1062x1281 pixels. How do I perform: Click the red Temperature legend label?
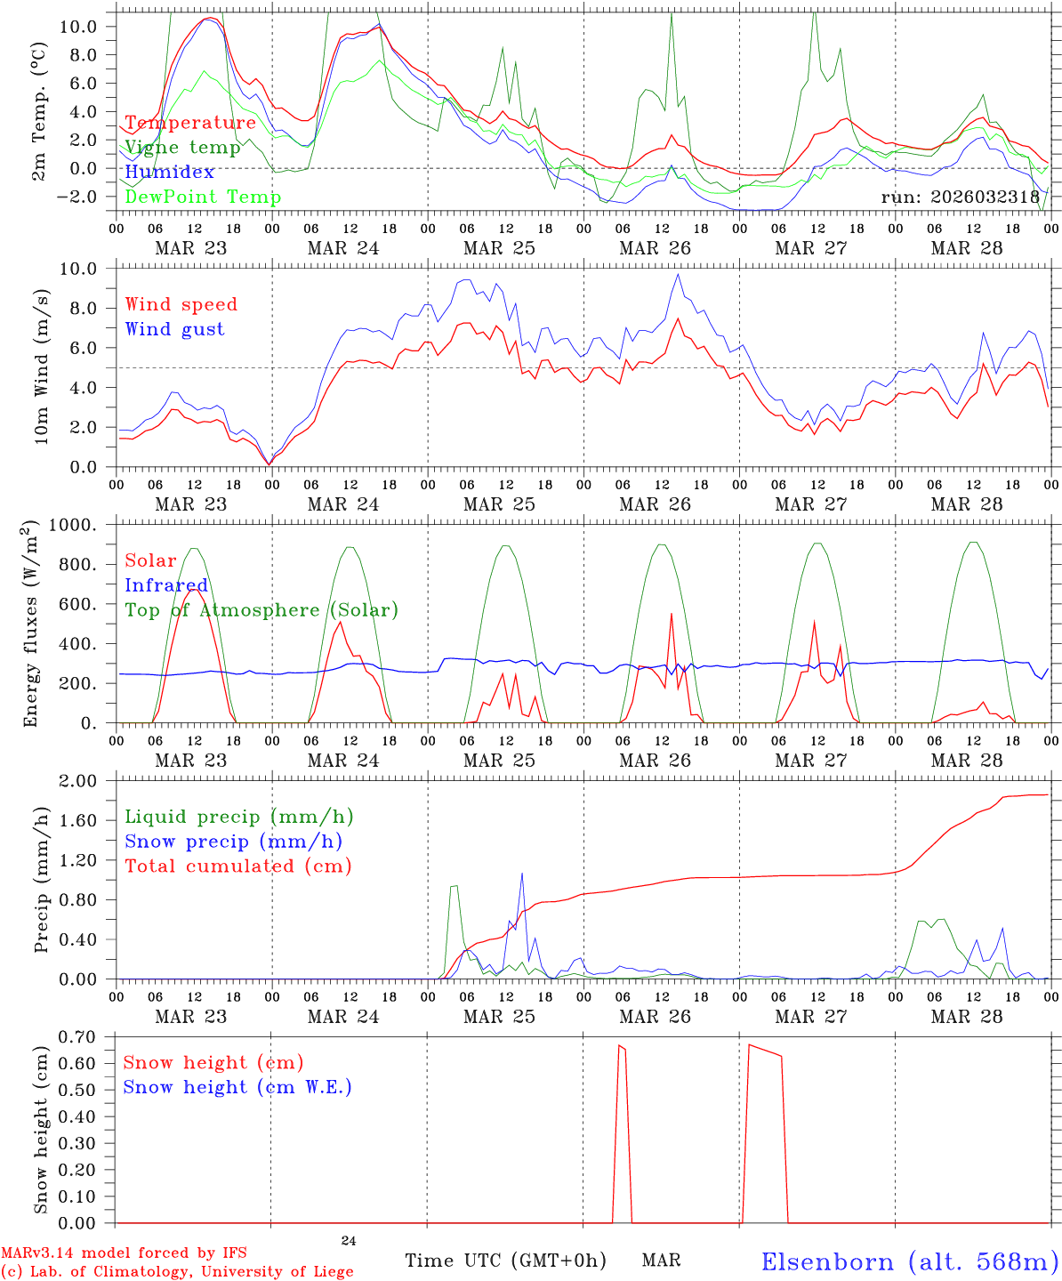tap(190, 123)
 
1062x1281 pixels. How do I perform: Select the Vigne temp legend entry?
tap(182, 148)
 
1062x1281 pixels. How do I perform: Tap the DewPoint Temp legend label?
tap(203, 197)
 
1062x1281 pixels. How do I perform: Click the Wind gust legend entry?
tap(174, 329)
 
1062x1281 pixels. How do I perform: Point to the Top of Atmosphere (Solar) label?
tap(261, 610)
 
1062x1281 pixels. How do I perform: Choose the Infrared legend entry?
tap(166, 585)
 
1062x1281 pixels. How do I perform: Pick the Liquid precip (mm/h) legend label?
tap(238, 817)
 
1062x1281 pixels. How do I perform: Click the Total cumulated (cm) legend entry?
tap(238, 866)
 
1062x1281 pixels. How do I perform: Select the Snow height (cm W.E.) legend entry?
tap(237, 1087)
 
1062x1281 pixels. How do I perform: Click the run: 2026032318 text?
tap(961, 197)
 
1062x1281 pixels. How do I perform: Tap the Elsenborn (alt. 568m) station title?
tap(910, 1261)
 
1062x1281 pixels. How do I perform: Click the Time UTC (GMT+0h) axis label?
tap(505, 1261)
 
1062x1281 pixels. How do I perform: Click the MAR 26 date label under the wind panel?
tap(655, 504)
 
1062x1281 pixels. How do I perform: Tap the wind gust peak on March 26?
tap(679, 274)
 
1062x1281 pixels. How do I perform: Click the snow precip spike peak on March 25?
tap(522, 874)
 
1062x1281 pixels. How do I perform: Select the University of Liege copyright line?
tap(177, 1272)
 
